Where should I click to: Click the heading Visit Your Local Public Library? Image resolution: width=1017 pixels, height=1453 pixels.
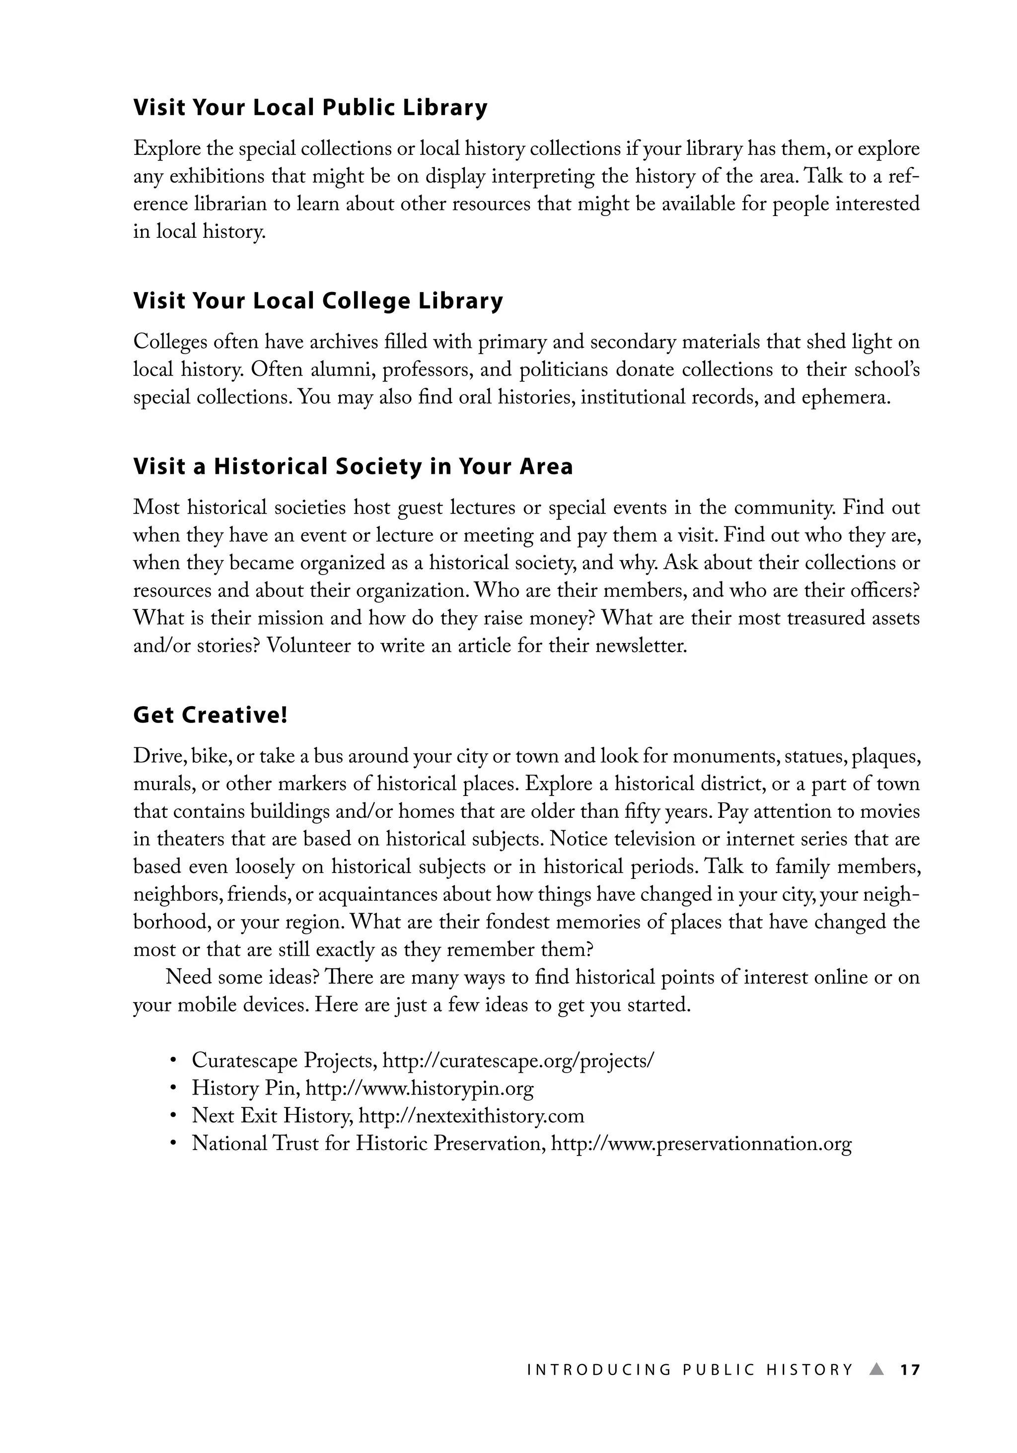coord(310,108)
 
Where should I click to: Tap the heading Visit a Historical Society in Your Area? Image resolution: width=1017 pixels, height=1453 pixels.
coord(353,466)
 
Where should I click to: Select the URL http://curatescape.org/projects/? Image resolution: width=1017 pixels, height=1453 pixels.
coord(519,1060)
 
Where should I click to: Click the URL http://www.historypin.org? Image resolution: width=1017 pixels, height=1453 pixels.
coord(420,1088)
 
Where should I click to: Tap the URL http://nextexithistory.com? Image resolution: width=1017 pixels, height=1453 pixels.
coord(471,1116)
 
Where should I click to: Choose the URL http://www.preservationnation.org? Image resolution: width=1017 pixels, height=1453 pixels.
coord(701,1144)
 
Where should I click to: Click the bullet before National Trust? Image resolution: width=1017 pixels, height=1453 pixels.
coord(172,1144)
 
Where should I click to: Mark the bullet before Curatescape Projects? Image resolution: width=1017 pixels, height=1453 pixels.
coord(172,1061)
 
